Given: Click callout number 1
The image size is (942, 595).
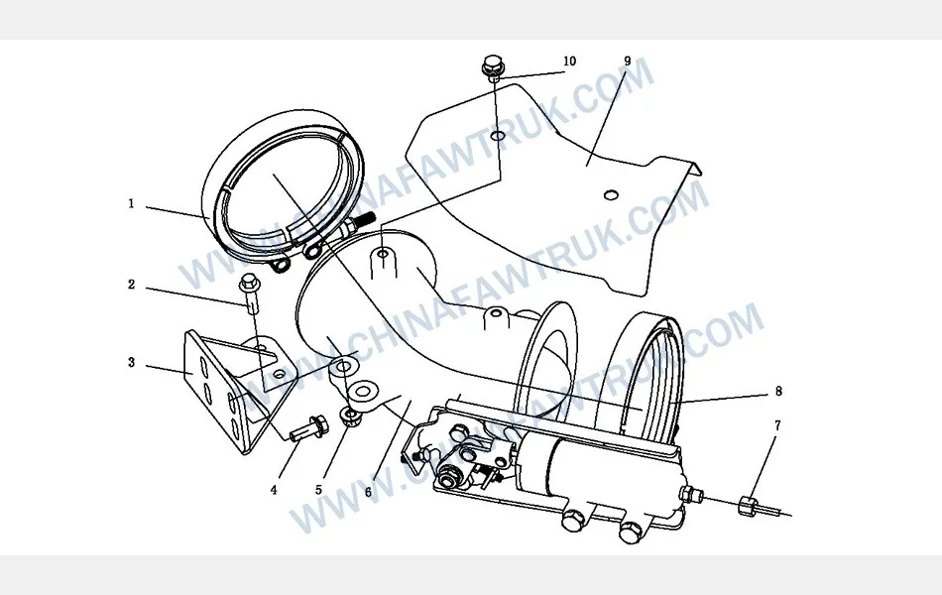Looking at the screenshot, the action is [x=131, y=203].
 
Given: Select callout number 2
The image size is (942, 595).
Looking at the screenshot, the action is [x=132, y=285].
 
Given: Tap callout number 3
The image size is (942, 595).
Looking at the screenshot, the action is [x=132, y=362].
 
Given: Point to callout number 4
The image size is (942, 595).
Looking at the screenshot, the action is [x=274, y=490].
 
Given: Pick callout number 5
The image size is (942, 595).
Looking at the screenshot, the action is [x=319, y=490].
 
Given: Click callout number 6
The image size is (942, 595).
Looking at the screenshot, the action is [x=368, y=492].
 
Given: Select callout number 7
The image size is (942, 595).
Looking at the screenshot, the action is [x=777, y=425].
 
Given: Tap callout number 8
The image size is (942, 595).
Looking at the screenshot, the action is [x=778, y=392].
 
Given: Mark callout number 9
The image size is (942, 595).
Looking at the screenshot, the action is [x=628, y=61].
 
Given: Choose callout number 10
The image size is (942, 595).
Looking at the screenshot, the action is [x=569, y=61].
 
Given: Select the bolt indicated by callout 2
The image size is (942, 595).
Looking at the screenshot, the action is [x=250, y=293].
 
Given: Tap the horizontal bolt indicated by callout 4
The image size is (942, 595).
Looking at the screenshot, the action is [x=308, y=428].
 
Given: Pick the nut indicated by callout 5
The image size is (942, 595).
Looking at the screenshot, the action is [x=350, y=416].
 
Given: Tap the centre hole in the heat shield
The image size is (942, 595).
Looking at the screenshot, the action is [x=611, y=194].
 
